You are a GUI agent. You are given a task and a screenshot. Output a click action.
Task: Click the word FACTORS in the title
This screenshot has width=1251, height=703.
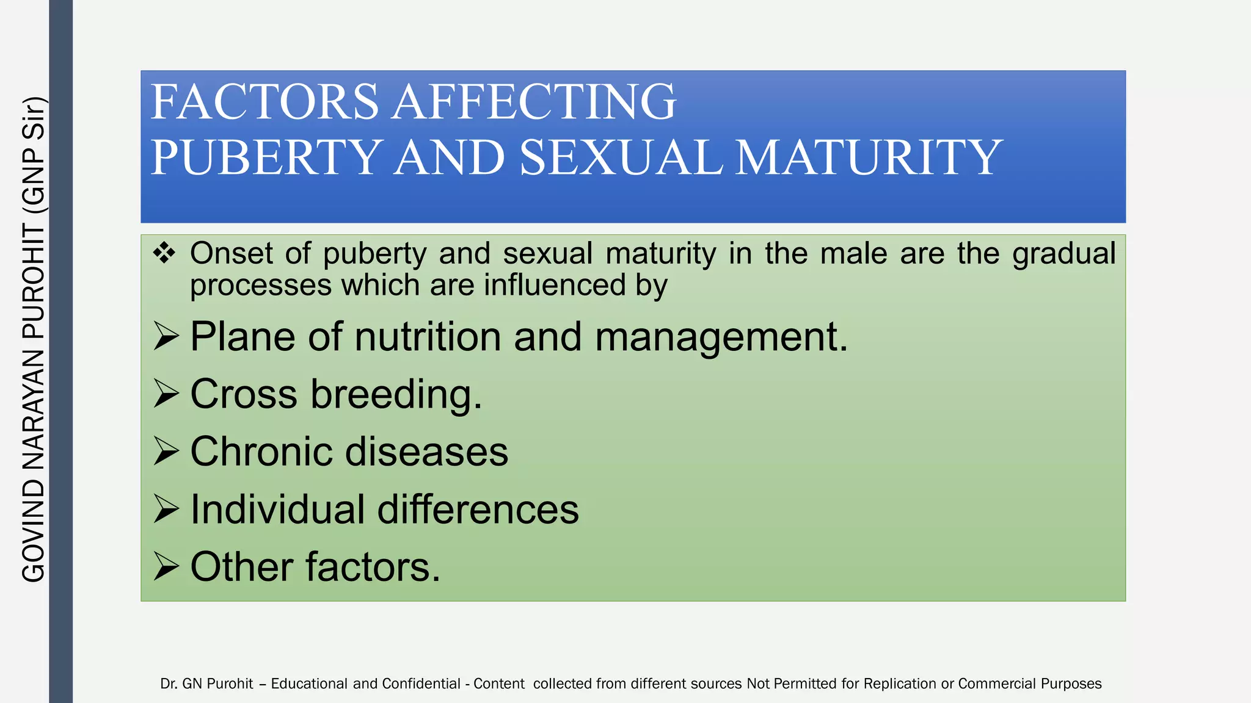(x=264, y=102)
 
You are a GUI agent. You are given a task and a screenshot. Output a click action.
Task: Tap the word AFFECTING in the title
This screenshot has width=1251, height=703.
(x=534, y=102)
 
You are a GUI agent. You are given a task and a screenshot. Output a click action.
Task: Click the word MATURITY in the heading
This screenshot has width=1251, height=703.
(x=868, y=157)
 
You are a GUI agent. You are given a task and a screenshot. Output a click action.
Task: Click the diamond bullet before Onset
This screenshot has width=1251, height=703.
(x=164, y=253)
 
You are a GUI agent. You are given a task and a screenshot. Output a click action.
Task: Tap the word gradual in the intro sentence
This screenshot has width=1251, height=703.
(x=1063, y=254)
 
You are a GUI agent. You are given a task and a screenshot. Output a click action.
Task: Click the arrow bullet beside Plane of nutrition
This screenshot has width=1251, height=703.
(x=166, y=336)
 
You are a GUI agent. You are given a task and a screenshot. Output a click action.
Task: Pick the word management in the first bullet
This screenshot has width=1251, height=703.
(x=721, y=337)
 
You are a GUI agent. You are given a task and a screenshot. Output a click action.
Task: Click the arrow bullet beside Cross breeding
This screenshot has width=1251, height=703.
(x=166, y=394)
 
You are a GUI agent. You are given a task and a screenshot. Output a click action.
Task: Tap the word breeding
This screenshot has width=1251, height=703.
(x=396, y=394)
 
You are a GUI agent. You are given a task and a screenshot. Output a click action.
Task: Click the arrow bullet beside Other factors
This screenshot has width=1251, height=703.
(x=166, y=566)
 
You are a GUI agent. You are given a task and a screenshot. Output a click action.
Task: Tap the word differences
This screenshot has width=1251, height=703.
(x=478, y=510)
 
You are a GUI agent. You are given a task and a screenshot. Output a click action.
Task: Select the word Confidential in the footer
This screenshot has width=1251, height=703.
(x=421, y=683)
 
